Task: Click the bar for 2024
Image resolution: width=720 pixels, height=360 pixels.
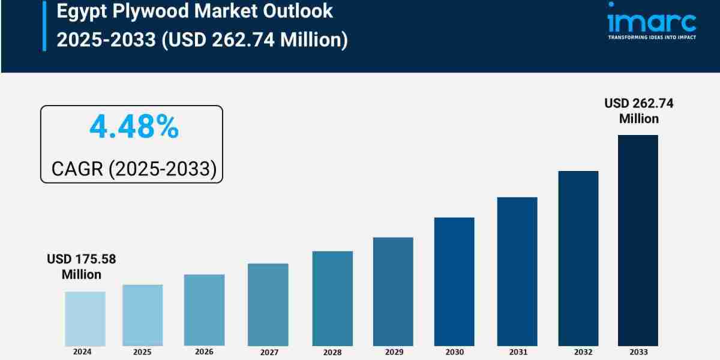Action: (85, 319)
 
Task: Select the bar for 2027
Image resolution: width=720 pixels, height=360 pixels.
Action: (268, 304)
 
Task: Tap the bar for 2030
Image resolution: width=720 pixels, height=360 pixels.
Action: (454, 281)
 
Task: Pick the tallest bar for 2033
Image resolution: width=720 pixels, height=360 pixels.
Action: (638, 240)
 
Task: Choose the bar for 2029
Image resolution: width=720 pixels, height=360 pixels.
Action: (393, 292)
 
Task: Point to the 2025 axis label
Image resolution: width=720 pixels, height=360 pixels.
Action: (142, 352)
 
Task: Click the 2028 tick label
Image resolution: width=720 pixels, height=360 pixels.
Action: (332, 352)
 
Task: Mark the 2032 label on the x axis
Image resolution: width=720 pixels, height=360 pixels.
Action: (578, 352)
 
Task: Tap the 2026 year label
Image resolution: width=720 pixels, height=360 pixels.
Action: (204, 352)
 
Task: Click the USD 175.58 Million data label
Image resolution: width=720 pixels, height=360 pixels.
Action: (82, 267)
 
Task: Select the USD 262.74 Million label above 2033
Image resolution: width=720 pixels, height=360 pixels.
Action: (638, 111)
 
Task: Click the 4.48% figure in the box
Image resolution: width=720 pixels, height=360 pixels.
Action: (134, 127)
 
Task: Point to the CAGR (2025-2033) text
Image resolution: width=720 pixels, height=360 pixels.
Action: (133, 169)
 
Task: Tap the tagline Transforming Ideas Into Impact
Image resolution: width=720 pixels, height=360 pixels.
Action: (652, 37)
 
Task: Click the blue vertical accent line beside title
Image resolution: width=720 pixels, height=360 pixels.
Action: (44, 25)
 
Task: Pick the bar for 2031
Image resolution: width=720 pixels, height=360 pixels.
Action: (517, 271)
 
